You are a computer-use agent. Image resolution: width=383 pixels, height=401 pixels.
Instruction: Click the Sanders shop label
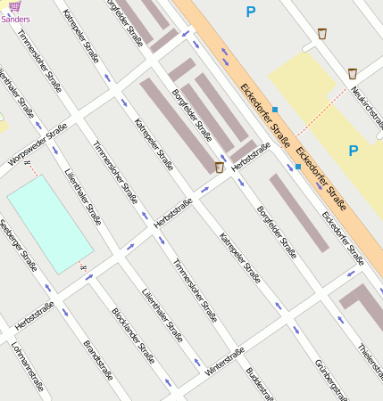pos(15,16)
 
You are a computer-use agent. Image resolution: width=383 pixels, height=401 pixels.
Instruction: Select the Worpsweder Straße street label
pos(37,143)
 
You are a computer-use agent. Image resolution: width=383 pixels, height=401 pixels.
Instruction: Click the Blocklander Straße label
pos(133,337)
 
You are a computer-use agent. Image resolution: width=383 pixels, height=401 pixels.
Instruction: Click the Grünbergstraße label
pos(330,378)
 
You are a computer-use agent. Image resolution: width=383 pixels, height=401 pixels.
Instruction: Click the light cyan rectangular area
pos(49,223)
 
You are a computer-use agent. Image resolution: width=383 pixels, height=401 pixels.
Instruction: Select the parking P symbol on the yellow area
pos(354,151)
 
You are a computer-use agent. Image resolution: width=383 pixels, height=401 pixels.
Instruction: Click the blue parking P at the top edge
pos(250,12)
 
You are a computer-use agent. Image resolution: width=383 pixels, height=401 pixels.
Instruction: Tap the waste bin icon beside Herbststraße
pos(220,167)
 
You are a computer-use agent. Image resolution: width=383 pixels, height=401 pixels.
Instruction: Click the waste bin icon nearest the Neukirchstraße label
pos(353,73)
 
